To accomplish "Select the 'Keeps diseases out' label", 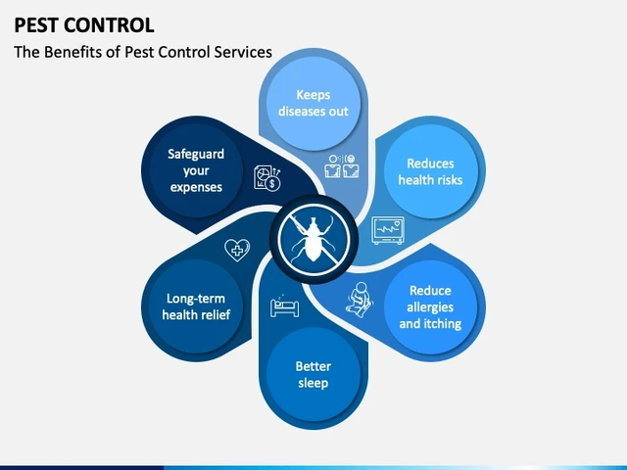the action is [x=313, y=103].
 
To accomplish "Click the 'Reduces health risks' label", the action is [x=430, y=172].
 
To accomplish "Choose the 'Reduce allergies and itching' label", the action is [x=430, y=306].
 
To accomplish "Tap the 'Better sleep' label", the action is [x=313, y=374].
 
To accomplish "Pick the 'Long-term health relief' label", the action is [x=196, y=306].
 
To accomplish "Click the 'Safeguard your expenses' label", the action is [x=196, y=170].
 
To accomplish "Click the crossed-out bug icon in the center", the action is [x=313, y=240].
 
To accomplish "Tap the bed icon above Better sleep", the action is [x=284, y=306].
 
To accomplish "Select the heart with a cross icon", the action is [x=237, y=251].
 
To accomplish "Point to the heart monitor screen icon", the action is [x=388, y=230].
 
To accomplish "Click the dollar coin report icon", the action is [x=267, y=178].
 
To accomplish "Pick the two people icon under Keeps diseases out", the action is [x=342, y=166].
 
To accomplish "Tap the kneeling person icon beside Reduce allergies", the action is [x=360, y=300].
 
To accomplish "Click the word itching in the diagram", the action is [x=445, y=323].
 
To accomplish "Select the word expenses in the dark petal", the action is [x=196, y=187].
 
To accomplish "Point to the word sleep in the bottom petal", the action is [x=313, y=383].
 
